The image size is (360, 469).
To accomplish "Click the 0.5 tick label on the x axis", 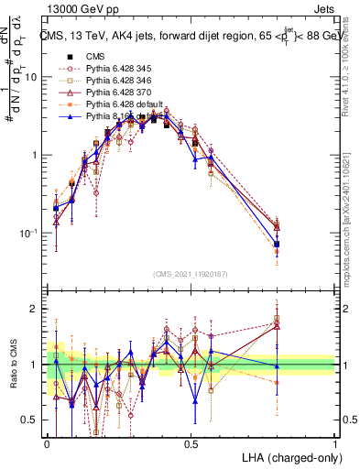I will (191, 442).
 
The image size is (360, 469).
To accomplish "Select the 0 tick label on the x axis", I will (48, 442).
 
